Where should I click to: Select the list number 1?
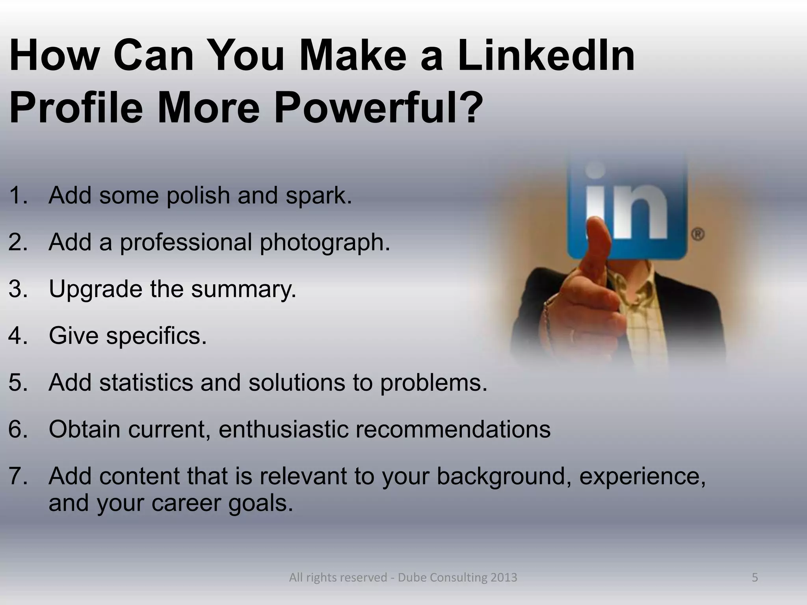[17, 195]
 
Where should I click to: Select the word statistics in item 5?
[146, 382]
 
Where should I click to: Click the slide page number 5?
[755, 577]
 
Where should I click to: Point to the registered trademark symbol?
[698, 235]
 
